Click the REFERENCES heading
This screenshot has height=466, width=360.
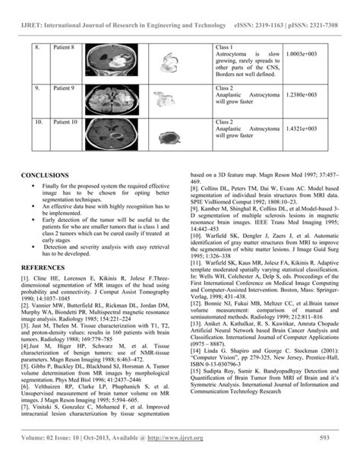coord(45,268)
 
